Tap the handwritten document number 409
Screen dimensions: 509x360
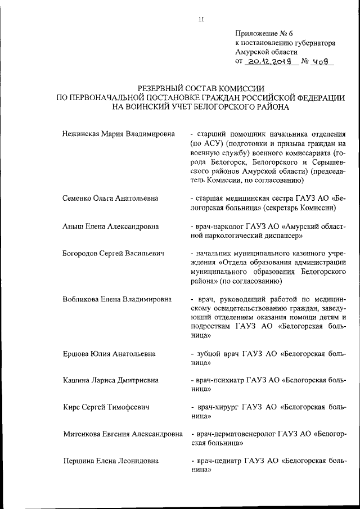click(x=322, y=62)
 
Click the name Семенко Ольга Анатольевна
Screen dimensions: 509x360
click(x=110, y=198)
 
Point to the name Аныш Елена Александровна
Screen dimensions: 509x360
click(x=110, y=226)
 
